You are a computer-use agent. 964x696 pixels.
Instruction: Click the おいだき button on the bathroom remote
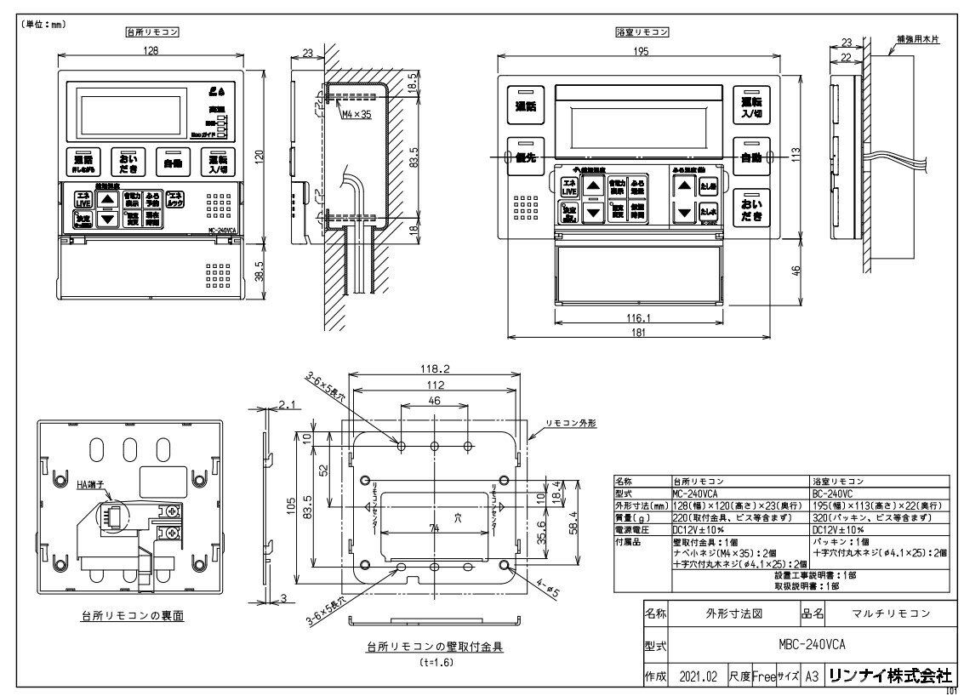click(751, 208)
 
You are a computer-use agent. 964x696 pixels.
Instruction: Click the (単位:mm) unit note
click(42, 26)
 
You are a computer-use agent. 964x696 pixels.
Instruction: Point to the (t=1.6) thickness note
click(434, 661)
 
